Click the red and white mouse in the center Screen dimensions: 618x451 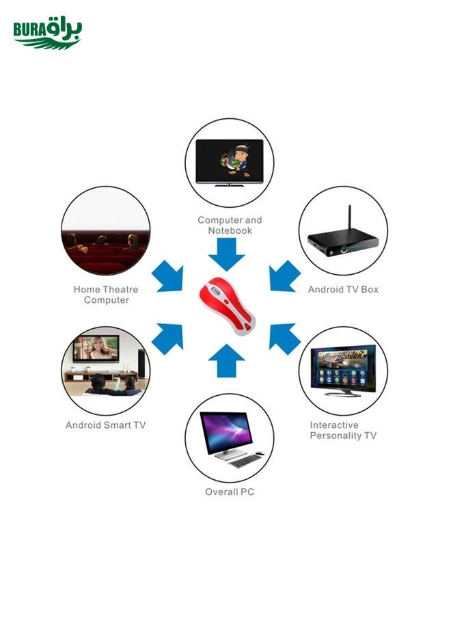[226, 308]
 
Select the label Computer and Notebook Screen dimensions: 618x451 [230, 225]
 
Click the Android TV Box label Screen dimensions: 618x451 [342, 289]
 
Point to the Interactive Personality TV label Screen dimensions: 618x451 [343, 430]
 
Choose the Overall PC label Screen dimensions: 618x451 [230, 492]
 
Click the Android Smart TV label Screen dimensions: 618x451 [106, 425]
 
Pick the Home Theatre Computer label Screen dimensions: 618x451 [106, 295]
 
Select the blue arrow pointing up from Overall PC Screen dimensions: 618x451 [226, 361]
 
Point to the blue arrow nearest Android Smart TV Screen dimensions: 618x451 [168, 337]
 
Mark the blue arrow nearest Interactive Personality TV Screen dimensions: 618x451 [284, 337]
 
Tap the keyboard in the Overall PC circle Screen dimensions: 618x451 [245, 460]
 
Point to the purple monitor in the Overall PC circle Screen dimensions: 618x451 [225, 433]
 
